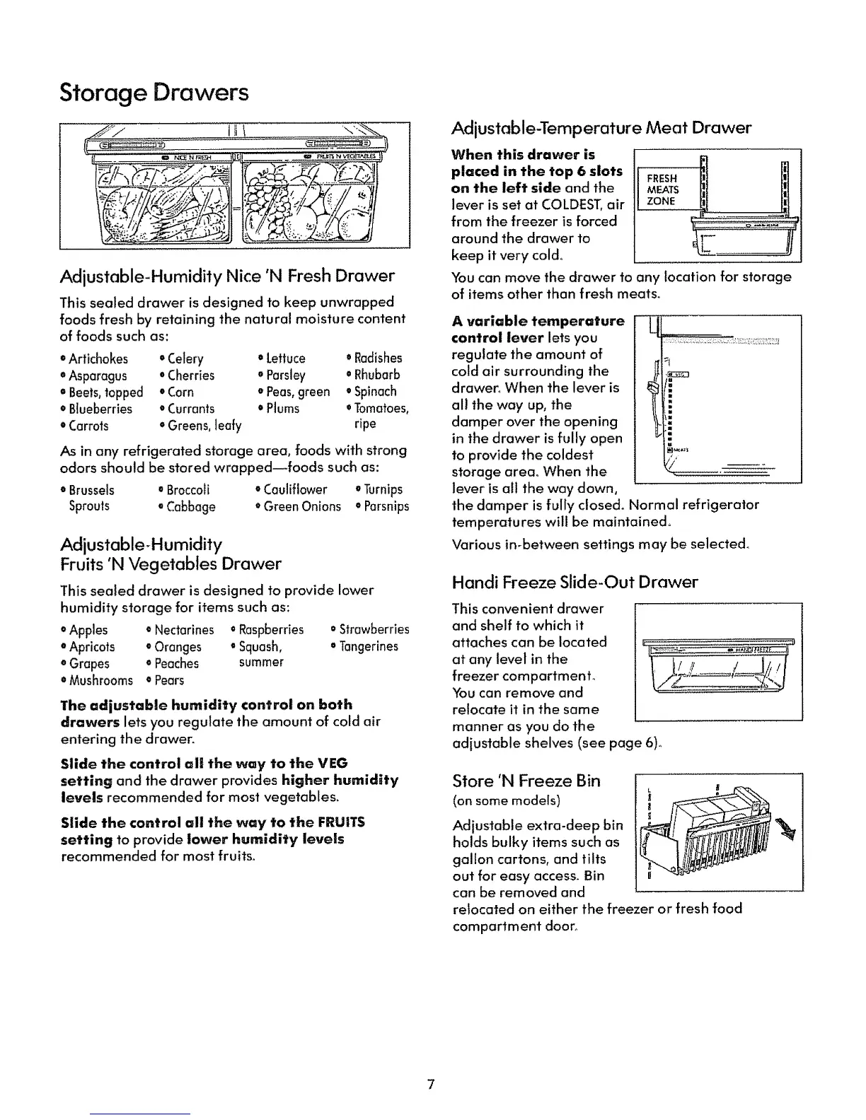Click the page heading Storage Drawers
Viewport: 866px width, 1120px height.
(x=154, y=93)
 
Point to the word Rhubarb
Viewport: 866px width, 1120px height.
(x=376, y=375)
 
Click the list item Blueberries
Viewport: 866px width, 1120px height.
(x=100, y=409)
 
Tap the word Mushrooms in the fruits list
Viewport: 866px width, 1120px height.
(x=100, y=681)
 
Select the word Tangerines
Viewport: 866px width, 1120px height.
(x=368, y=647)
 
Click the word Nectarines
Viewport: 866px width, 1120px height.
(x=183, y=630)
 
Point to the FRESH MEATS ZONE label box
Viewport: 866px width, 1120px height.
(x=664, y=189)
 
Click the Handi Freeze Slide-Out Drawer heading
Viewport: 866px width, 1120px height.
(x=575, y=582)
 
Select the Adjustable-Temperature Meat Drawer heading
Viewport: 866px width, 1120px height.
(x=601, y=128)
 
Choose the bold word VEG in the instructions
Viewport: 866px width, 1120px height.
(x=333, y=764)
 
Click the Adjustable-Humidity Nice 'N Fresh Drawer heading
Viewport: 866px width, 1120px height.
(x=227, y=275)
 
